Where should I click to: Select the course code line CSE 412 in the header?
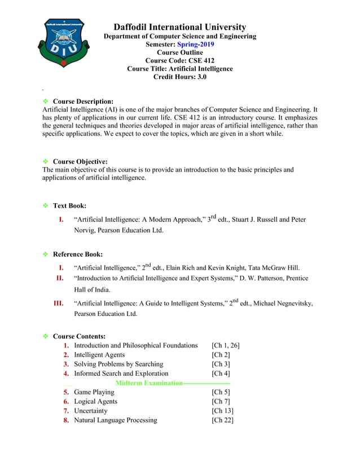coord(179,60)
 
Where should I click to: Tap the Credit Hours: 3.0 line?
coord(179,77)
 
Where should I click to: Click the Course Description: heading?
coord(83,102)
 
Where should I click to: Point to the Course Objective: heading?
coord(80,161)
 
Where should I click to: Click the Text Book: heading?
coord(69,206)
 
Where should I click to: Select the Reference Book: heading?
coord(77,254)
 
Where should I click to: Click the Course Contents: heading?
coord(79,337)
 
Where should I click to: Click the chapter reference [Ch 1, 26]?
coord(226,345)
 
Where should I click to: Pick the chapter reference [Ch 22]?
coord(222,420)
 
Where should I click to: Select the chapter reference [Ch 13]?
coord(222,411)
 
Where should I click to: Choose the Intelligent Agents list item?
coord(99,355)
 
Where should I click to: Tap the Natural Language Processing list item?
coord(115,420)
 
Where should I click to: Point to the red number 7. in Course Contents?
coord(66,411)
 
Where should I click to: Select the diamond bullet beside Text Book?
coord(46,206)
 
